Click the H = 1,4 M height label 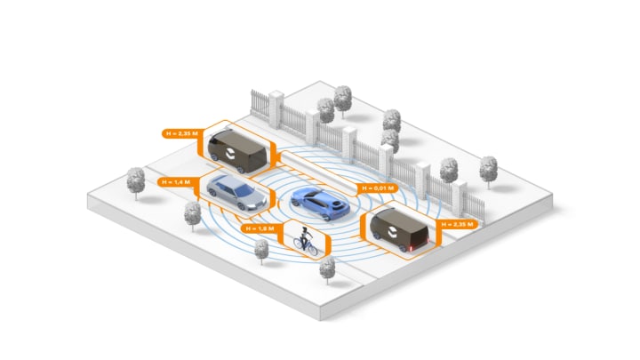coord(176,181)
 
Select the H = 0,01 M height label coord(373,188)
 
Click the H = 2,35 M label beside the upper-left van coord(182,133)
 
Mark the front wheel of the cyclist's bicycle coord(312,250)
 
